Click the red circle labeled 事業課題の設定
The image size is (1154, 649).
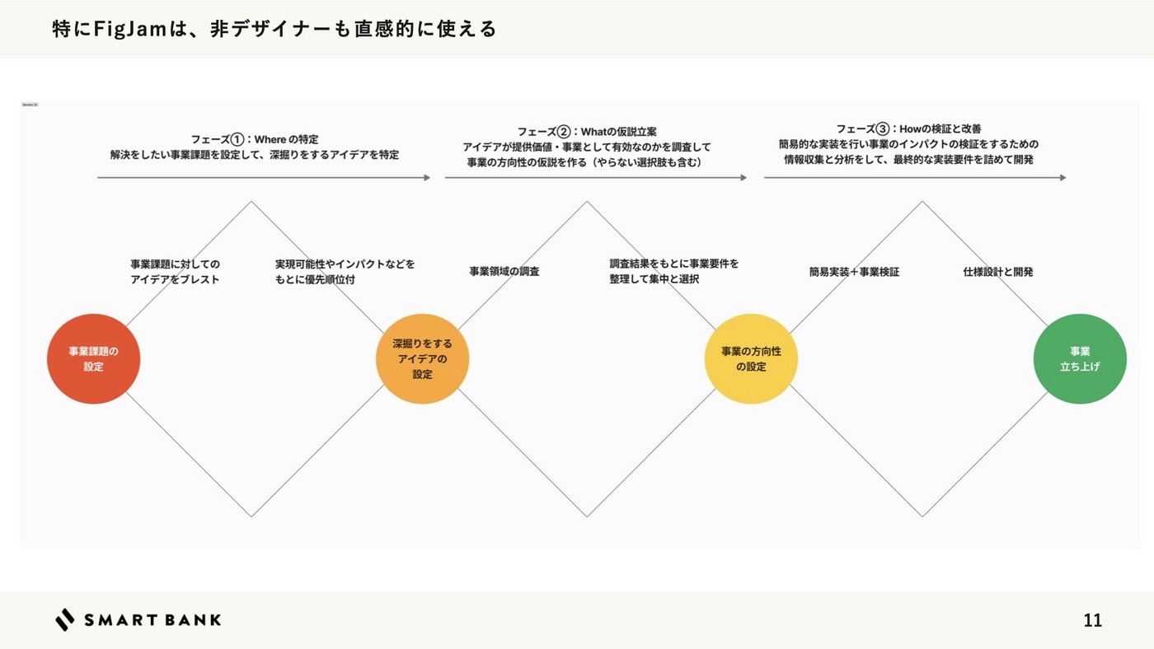coord(93,359)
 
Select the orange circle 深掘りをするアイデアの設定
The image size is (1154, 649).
coord(422,359)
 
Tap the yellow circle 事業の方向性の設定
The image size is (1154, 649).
coord(751,359)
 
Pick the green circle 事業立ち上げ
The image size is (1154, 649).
coord(1080,359)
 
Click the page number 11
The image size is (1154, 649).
coord(1092,620)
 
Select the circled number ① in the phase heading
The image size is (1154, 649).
coord(237,139)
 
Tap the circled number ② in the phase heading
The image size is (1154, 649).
coord(564,132)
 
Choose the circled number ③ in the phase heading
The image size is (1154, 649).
coord(883,128)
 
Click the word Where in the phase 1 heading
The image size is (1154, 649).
coord(270,139)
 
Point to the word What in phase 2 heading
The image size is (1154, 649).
coord(593,132)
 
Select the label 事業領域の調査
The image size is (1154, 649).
coord(504,271)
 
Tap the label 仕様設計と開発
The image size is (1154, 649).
coord(997,271)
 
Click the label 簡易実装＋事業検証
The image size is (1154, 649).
coord(854,271)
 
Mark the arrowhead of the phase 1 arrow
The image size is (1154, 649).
coord(427,177)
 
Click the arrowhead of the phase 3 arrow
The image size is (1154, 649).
coord(1063,177)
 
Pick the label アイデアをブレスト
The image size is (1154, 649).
coord(175,279)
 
